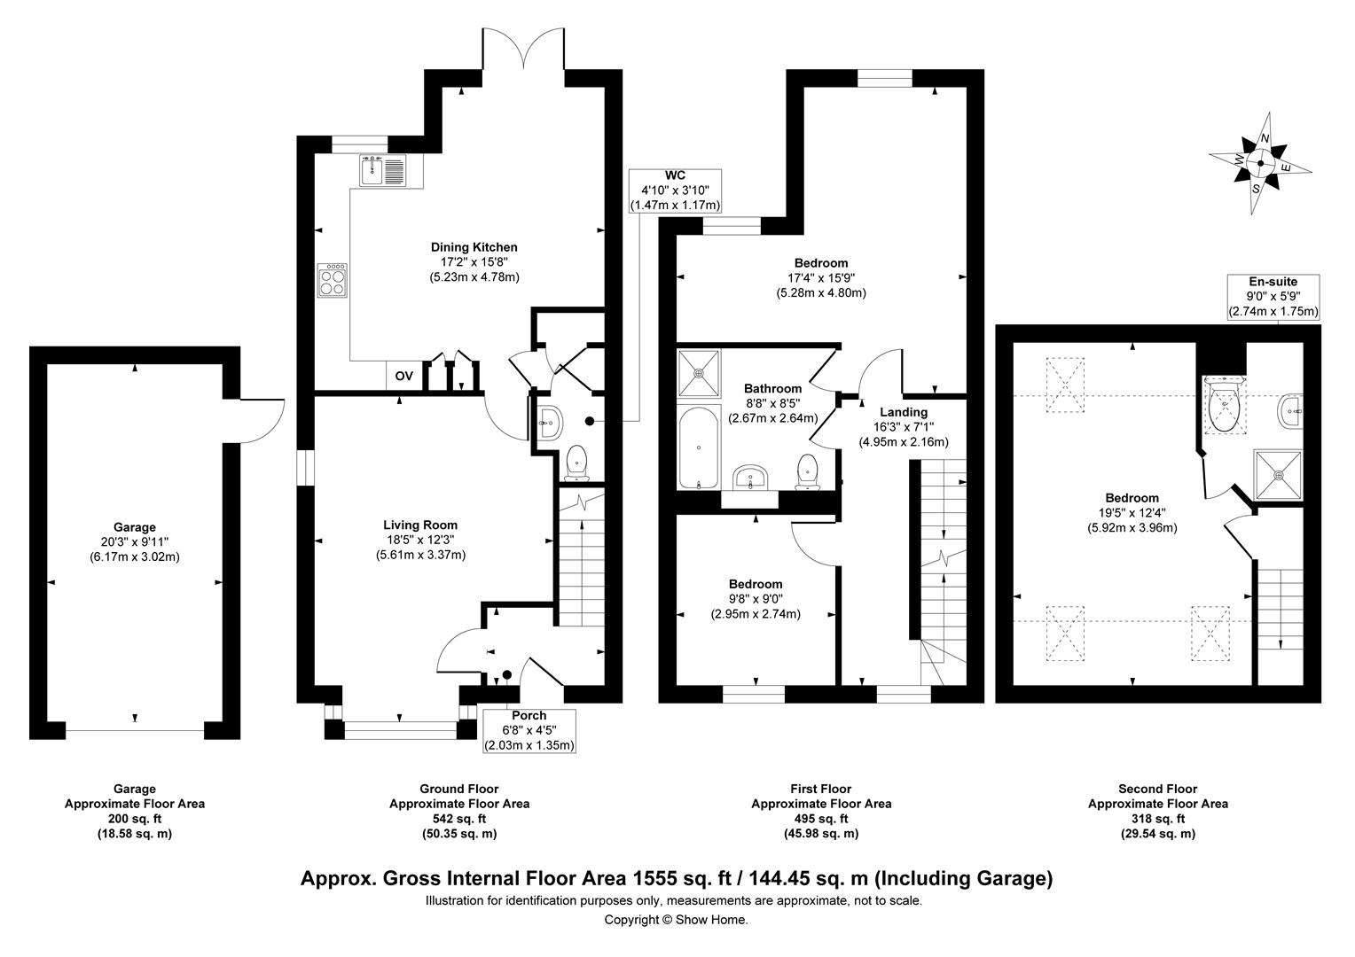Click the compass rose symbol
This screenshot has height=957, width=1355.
[1260, 163]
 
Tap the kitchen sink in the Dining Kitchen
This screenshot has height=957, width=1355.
[383, 170]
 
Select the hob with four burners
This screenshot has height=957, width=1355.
[333, 280]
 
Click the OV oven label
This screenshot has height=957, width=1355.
[404, 376]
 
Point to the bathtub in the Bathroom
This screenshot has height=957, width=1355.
[699, 447]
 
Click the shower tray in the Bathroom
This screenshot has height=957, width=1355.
[700, 373]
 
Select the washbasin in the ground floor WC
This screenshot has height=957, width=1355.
[549, 422]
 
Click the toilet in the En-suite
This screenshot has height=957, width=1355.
[1224, 404]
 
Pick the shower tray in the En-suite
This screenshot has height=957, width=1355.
[1278, 475]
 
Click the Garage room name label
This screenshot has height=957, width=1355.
[135, 527]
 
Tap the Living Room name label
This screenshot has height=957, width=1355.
[420, 525]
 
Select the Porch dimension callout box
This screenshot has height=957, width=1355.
[529, 730]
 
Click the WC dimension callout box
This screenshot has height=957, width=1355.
[675, 191]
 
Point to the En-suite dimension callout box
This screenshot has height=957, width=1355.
[1273, 297]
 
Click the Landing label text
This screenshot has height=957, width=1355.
[904, 412]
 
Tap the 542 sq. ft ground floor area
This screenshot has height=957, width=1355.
[459, 819]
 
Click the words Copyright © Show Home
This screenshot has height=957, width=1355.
[677, 920]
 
